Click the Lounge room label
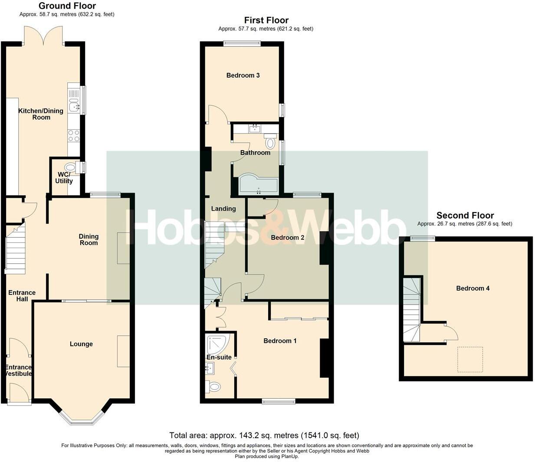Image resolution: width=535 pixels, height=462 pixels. pos(81,344)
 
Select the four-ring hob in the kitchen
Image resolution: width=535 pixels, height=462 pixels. pos(74,136)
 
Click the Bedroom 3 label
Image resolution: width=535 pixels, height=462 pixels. pos(243,75)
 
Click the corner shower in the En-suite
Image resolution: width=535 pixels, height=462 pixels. pos(217,344)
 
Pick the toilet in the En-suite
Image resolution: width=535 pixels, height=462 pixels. pos(213,386)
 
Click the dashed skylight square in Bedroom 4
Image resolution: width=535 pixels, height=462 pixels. pos(470,359)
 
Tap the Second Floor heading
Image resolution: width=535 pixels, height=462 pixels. pos(465,215)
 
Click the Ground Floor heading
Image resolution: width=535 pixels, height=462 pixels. pos(67,6)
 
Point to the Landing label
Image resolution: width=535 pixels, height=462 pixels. pos(223,209)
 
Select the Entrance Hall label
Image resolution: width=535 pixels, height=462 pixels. pos(22,295)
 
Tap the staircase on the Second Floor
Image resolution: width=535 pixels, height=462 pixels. pos(411,309)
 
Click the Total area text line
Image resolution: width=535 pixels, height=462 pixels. pos(264,435)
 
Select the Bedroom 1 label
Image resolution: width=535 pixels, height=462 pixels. pos(280,341)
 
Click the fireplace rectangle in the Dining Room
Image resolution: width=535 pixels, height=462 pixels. pos(123,248)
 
